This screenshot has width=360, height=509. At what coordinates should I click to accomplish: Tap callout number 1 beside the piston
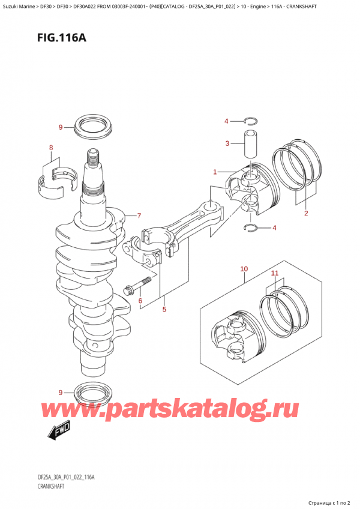214,172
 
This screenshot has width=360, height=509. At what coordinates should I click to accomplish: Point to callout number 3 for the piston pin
227,143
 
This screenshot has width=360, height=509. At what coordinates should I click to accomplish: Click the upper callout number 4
227,122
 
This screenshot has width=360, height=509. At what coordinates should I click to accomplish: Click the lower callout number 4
274,227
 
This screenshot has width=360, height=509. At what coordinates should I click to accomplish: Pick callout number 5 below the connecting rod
163,309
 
